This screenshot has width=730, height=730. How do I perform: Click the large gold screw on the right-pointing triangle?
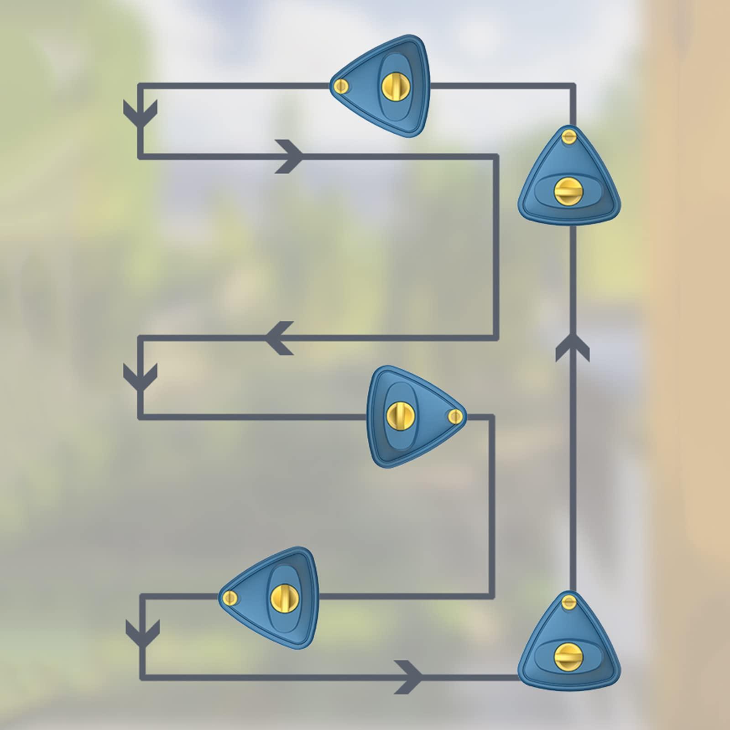396,415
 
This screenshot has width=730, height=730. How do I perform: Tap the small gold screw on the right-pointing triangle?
455,416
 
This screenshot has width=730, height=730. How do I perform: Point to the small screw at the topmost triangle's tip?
340,86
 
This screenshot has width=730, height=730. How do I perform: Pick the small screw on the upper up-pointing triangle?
568,136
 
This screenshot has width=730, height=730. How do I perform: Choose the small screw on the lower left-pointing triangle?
229,597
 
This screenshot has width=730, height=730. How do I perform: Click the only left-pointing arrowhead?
278,338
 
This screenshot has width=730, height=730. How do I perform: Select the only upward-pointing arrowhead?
572,348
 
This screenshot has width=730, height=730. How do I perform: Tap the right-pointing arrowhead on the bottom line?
409,677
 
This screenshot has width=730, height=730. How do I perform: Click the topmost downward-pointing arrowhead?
141,114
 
